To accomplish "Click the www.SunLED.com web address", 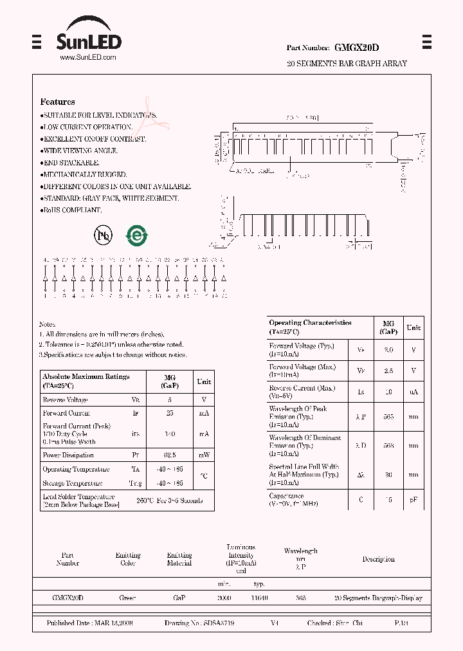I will [x=88, y=57].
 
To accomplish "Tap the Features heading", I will [x=57, y=102].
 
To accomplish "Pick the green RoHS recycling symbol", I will [x=136, y=235].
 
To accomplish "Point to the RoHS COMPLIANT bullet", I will [x=71, y=210].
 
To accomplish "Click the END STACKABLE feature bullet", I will [x=70, y=163].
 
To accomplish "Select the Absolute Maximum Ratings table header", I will [x=85, y=381].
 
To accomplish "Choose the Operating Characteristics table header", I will [x=309, y=327].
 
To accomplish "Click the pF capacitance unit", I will [x=413, y=500].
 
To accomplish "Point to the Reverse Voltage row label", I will [x=66, y=399].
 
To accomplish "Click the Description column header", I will [x=378, y=559].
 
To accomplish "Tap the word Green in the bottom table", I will [x=127, y=598].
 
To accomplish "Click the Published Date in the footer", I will [x=89, y=623].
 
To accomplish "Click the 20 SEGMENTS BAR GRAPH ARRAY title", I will [x=346, y=64].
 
